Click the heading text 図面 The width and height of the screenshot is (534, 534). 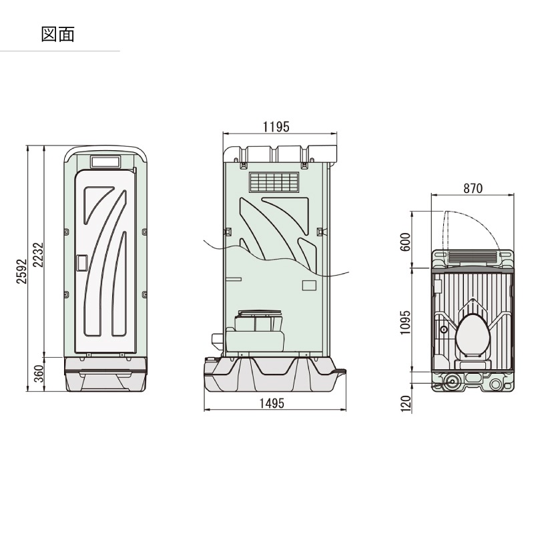click(x=57, y=35)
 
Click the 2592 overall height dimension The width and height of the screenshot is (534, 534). click(x=21, y=271)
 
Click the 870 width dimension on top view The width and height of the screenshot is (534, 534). click(x=473, y=188)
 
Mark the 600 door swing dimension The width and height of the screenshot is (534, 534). click(x=405, y=241)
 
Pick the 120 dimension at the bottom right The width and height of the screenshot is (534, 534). click(x=405, y=403)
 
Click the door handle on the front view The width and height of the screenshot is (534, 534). click(x=81, y=263)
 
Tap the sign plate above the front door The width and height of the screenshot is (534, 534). click(x=105, y=162)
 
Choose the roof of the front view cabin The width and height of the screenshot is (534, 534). click(x=105, y=149)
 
